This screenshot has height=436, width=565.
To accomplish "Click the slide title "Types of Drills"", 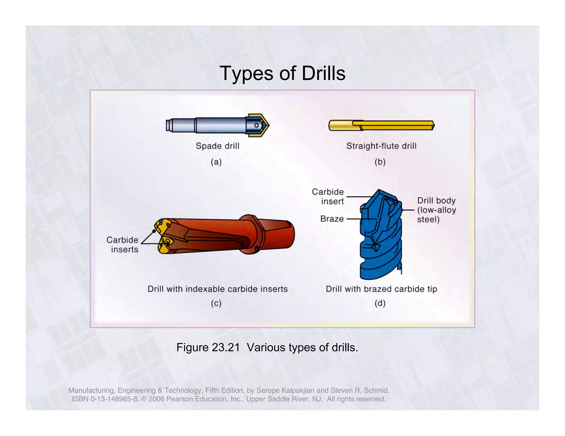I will coord(282,73).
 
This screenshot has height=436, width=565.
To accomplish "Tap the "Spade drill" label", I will coord(217,146).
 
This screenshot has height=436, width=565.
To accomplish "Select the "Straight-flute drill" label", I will coord(381,146).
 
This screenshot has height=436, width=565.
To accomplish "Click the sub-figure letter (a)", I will coord(216,162).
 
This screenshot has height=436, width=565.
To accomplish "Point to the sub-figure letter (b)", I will coord(380,162).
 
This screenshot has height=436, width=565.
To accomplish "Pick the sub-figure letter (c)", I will coord(216,303).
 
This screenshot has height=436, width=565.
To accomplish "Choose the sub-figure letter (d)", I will coord(380,303).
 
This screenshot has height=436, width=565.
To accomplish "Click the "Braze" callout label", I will coord(332,219).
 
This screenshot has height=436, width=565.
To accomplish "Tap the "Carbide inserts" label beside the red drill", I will coord(123,244).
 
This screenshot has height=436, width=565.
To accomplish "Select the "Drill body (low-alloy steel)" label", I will coord(436,210).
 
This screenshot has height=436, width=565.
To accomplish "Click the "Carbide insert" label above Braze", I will coord(328,197).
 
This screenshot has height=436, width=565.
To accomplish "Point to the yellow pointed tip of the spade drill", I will coord(265,125).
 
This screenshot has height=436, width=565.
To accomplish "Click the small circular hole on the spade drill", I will coord(256,125).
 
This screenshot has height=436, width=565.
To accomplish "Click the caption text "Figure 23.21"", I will coord(208,348).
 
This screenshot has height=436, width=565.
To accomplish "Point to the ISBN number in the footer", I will coord(105,399).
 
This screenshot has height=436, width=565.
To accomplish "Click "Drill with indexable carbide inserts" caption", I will coord(217,289).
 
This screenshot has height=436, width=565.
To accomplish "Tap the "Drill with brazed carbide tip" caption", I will coord(381,289).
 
